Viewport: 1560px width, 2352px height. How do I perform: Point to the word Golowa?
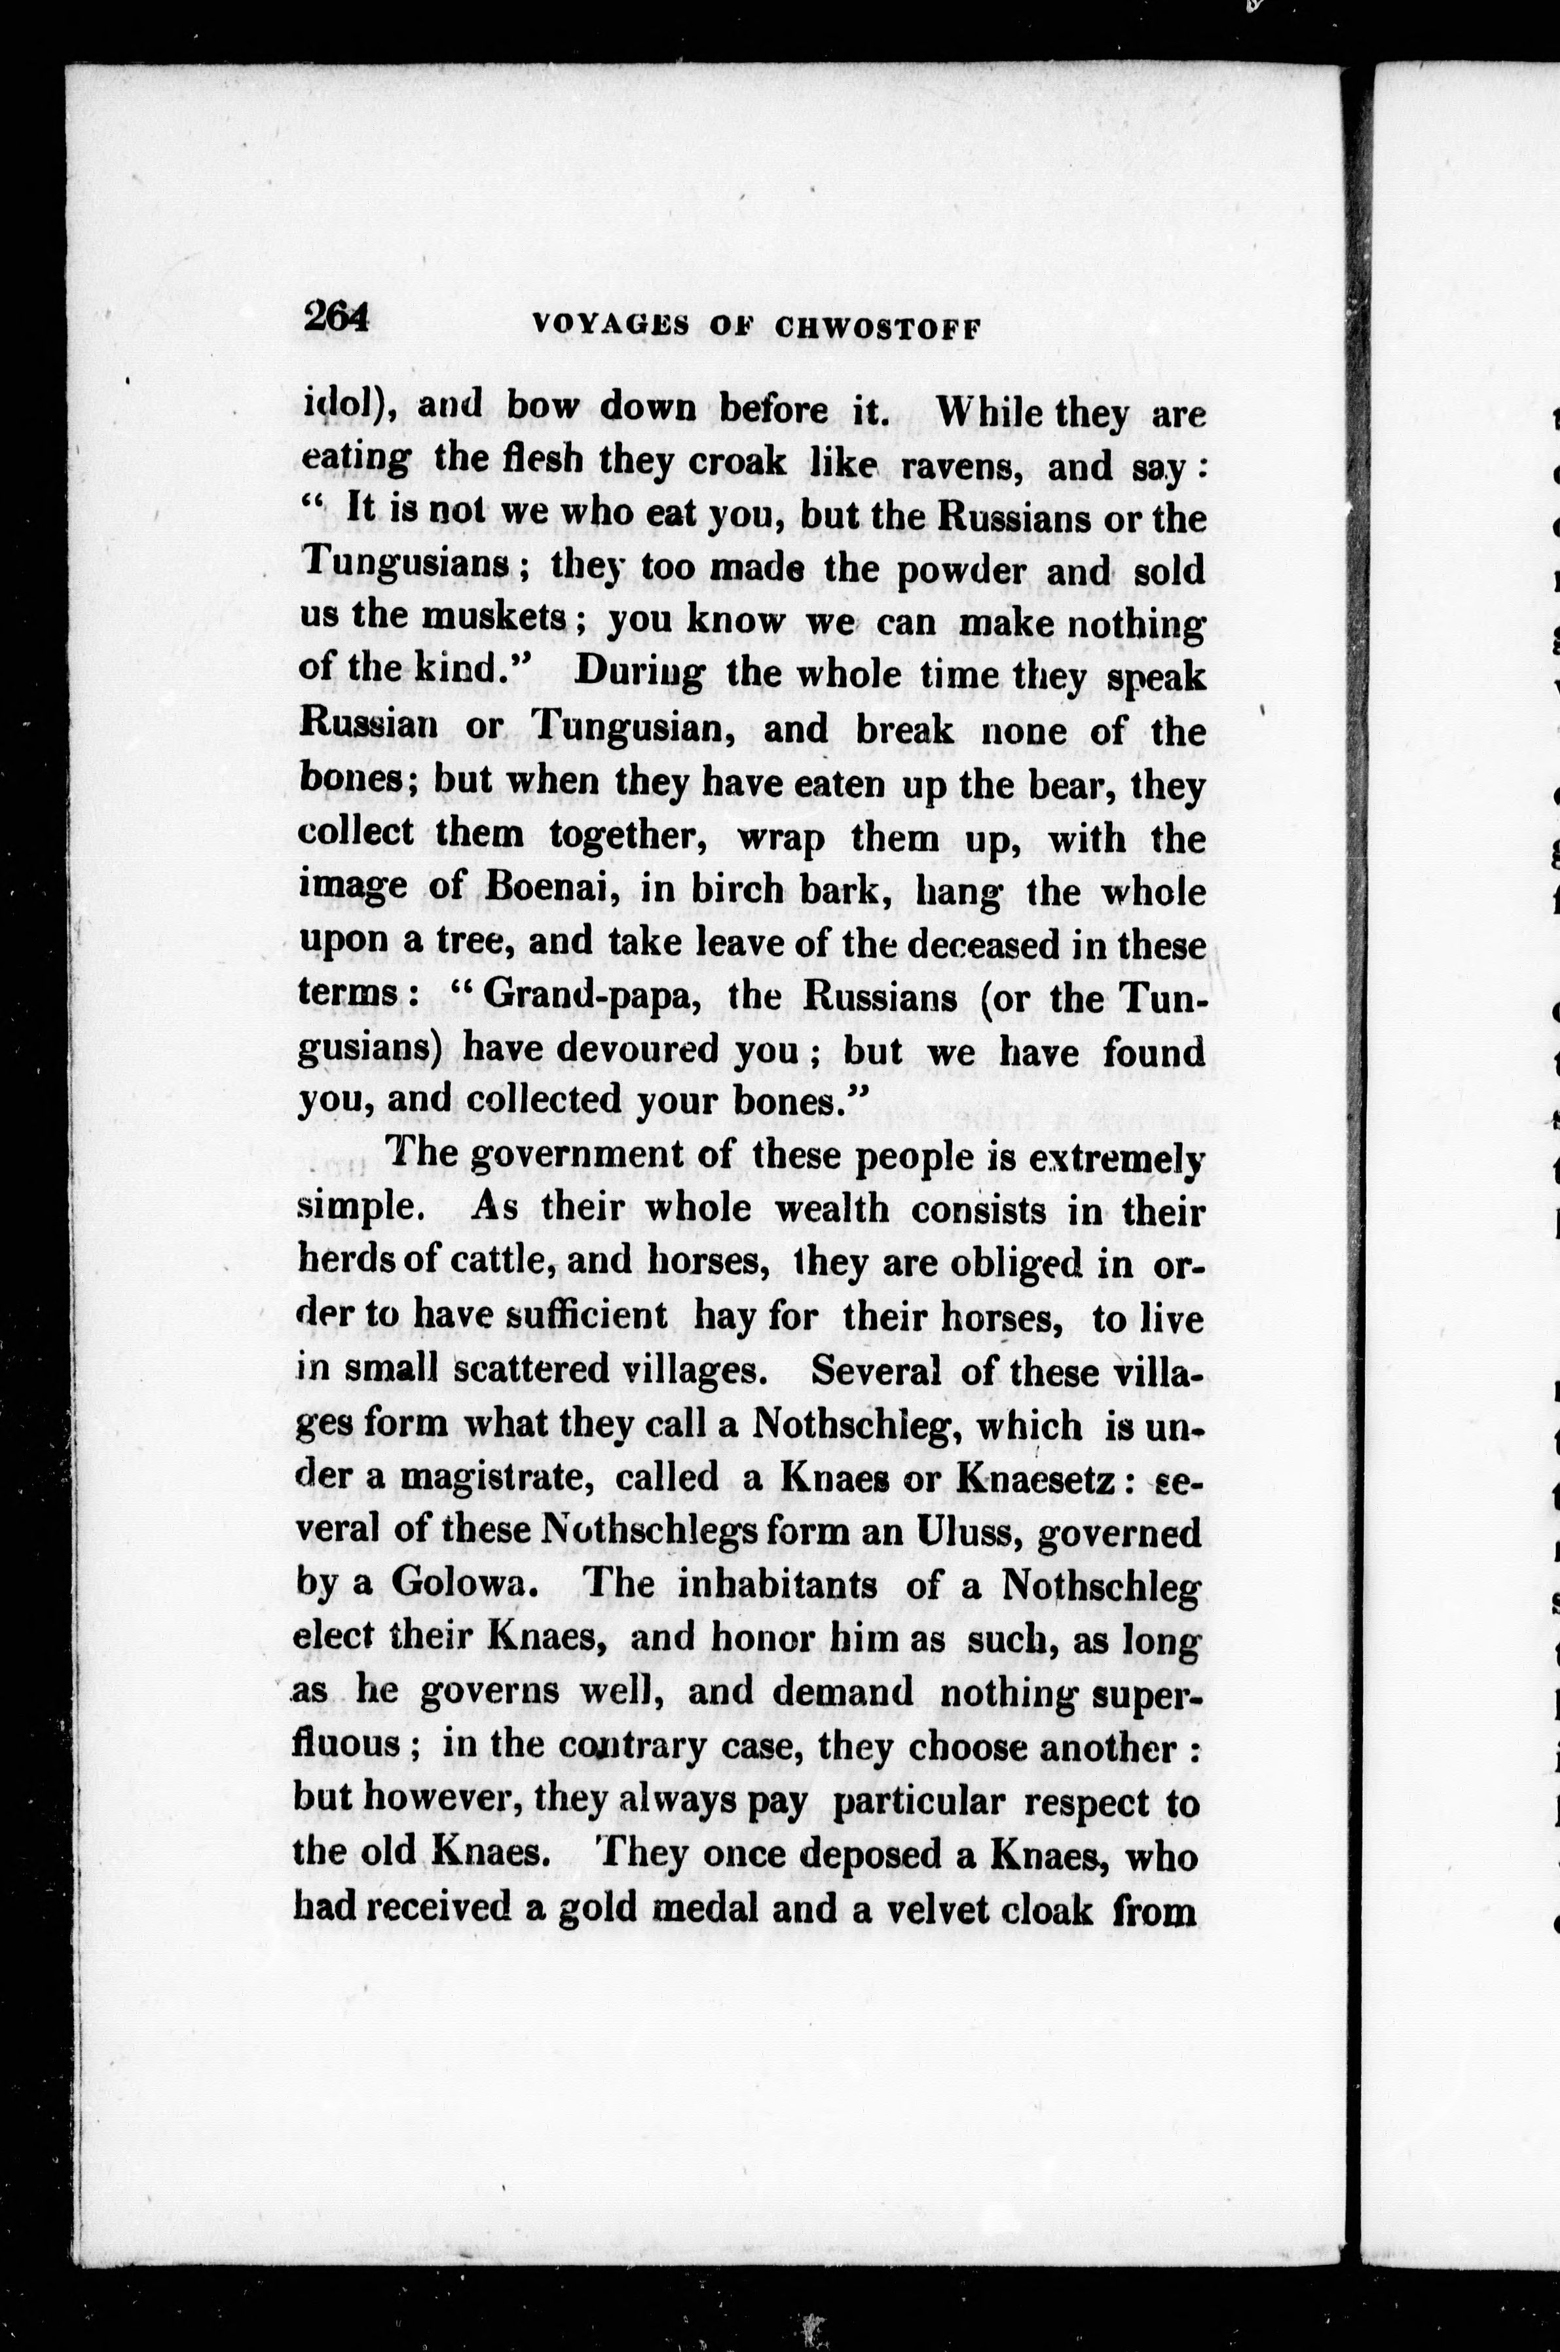pyautogui.click(x=464, y=1584)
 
